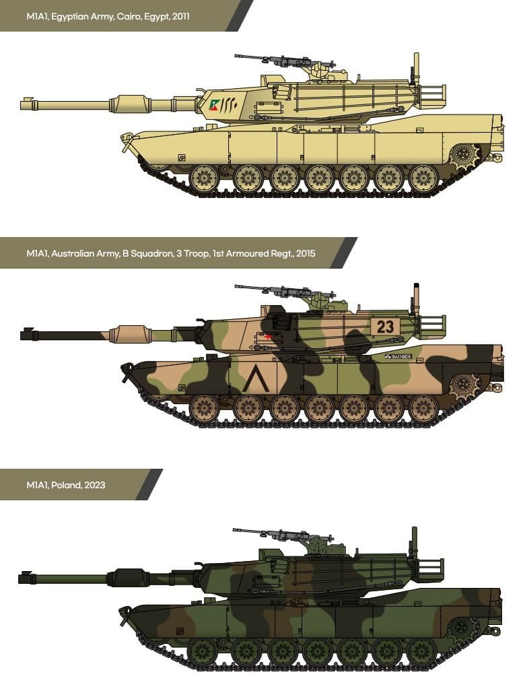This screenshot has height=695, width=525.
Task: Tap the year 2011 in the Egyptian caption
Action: [180, 17]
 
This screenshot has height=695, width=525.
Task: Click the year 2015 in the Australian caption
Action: [306, 254]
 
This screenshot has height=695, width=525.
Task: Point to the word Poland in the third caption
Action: [65, 485]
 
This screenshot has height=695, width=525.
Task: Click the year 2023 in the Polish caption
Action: [95, 485]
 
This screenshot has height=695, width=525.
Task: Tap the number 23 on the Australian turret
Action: [384, 327]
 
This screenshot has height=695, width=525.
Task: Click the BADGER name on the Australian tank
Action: [398, 356]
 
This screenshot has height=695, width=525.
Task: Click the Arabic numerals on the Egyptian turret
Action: [229, 104]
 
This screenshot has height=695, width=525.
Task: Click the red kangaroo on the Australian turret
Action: [267, 338]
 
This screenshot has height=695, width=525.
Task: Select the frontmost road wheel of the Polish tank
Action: [203, 651]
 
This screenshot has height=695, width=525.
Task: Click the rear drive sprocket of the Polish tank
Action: [461, 629]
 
